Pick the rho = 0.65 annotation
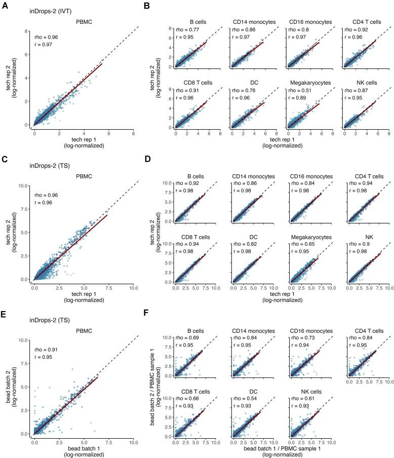click(x=297, y=238)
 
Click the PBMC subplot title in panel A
click(x=84, y=22)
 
